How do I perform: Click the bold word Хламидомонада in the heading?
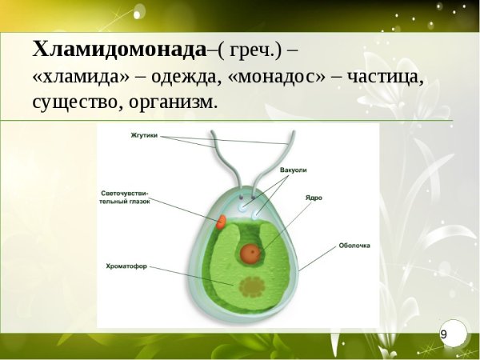click(x=119, y=50)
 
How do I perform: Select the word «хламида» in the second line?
click(x=76, y=77)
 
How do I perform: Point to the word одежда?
click(x=176, y=77)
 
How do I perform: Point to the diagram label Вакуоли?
click(x=294, y=170)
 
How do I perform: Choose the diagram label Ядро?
click(x=314, y=196)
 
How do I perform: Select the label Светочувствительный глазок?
click(x=125, y=198)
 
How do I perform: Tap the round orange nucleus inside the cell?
click(x=250, y=254)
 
